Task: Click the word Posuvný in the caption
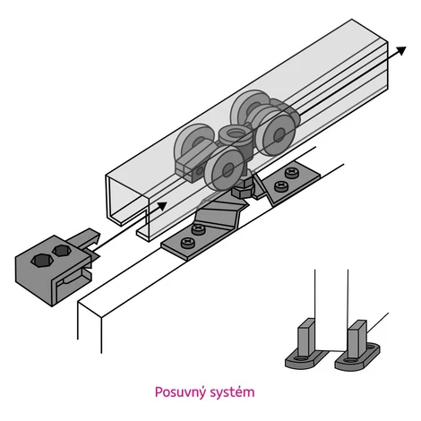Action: pos(180,392)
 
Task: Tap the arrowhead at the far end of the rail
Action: pos(401,50)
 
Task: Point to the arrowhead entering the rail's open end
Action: pos(161,206)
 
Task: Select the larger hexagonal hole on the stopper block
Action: pos(42,260)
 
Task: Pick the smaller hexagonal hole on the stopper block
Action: pos(62,250)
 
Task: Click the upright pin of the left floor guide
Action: pos(306,338)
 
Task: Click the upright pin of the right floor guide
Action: pos(357,339)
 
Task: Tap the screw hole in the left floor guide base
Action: pos(301,358)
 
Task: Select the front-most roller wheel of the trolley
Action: pos(224,169)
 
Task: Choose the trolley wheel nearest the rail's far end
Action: pos(277,133)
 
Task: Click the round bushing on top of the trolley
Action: pos(235,132)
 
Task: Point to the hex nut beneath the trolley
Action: pos(243,190)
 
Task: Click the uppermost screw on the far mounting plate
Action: pos(290,172)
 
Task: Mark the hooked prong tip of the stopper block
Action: pos(96,235)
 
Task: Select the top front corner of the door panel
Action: pos(101,317)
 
